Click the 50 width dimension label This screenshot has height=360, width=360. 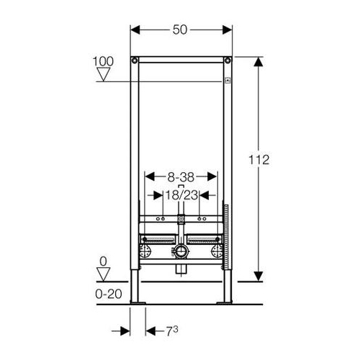pos(180,30)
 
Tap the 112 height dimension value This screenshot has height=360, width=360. pos(258,160)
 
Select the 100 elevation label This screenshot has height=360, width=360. pos(103,61)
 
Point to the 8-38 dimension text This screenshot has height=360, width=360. pos(181,177)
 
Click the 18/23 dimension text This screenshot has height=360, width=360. pos(181,195)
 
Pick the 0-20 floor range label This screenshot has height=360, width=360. pos(109,294)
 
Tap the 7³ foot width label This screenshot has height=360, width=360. pos(172,331)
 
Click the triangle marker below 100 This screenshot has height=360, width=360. pos(104,74)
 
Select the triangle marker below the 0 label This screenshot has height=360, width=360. pos(104,274)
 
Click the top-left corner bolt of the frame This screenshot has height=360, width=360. pos(135,60)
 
